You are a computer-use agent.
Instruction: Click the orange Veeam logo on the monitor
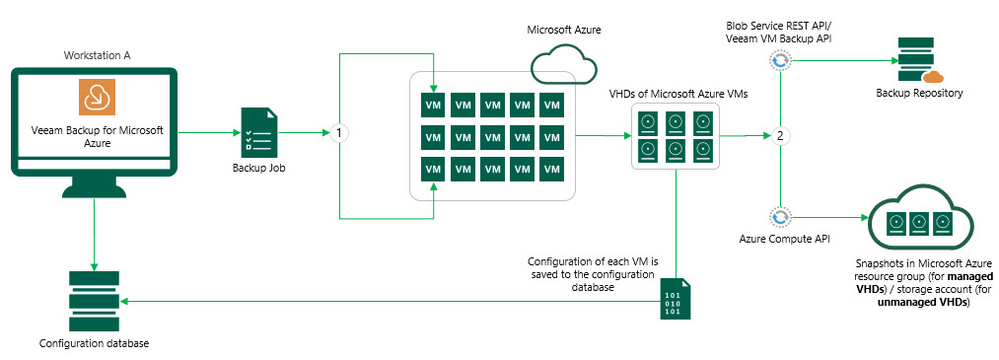point(97,98)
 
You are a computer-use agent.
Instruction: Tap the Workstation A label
point(97,55)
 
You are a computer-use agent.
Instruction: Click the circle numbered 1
point(339,134)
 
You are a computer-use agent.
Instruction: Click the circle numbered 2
point(780,136)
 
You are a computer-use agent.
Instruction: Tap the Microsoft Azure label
point(564,30)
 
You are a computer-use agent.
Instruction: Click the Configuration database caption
point(94,343)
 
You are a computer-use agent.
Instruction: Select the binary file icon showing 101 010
point(676,299)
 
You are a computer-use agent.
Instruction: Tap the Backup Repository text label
point(919,94)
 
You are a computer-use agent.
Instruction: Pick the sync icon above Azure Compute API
point(780,218)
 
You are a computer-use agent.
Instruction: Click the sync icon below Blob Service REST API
point(780,61)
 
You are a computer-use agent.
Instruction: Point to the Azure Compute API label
point(780,240)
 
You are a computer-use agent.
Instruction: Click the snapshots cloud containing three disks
point(918,221)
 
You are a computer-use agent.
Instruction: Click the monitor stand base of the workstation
point(95,192)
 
